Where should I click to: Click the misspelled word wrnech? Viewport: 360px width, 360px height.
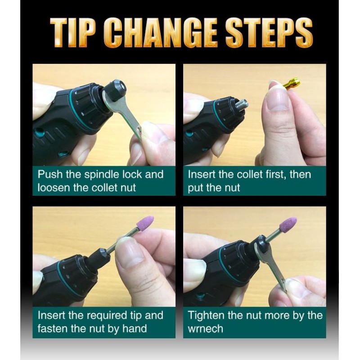coord(205,329)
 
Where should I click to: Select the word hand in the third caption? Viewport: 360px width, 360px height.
coord(135,329)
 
